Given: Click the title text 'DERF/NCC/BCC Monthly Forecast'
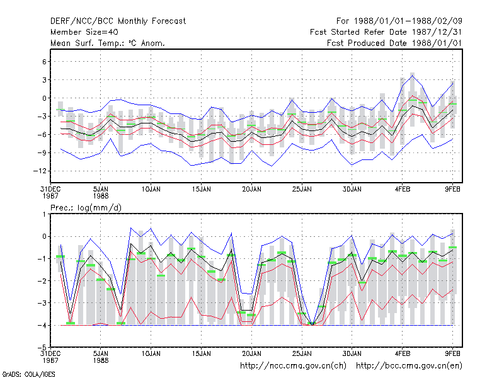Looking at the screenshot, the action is pos(118,21).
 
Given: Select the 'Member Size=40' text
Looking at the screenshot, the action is pos(84,32).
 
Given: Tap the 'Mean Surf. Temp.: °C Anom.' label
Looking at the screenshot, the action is pos(108,43).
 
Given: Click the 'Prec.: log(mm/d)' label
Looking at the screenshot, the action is pos(86,208).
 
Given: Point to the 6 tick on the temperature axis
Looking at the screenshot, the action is pos(44,61).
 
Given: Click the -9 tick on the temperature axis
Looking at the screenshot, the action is pos(42,152).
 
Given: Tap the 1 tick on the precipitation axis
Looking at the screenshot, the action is pos(44,214).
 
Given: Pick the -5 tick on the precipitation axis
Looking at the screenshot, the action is pos(42,347).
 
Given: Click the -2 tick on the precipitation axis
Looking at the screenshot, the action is pos(42,280).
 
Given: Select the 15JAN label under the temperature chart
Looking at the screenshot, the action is pos(201,190).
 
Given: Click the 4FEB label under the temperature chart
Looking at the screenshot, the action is pos(403,190).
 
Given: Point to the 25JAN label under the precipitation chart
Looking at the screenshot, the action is pos(302,354).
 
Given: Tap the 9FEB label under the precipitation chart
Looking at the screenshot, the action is pos(452,354).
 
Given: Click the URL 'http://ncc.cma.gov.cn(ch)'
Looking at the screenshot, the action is pos(293,366).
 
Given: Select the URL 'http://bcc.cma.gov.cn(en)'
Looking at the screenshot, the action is pos(409,366).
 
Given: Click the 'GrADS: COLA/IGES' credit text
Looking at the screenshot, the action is pos(28,374).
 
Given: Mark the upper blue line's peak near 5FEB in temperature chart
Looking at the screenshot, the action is pos(413,75).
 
